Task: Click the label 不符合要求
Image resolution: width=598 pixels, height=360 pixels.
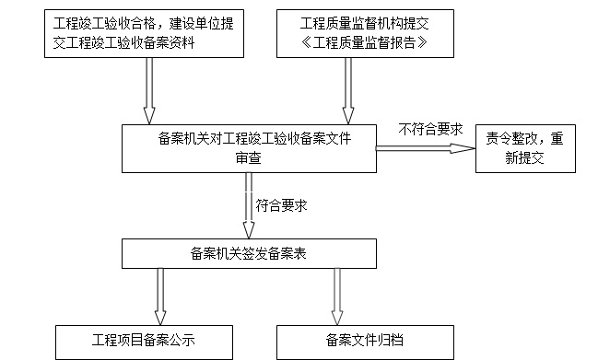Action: point(430,129)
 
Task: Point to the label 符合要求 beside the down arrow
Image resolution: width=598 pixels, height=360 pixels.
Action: point(281,205)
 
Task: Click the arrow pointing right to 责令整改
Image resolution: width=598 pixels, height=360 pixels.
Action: point(424,147)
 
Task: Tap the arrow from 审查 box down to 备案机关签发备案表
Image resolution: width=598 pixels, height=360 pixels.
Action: point(249,204)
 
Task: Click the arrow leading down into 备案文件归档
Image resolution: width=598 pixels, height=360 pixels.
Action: point(337,295)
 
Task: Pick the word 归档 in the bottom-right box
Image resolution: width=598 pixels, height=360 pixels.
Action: point(391,341)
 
